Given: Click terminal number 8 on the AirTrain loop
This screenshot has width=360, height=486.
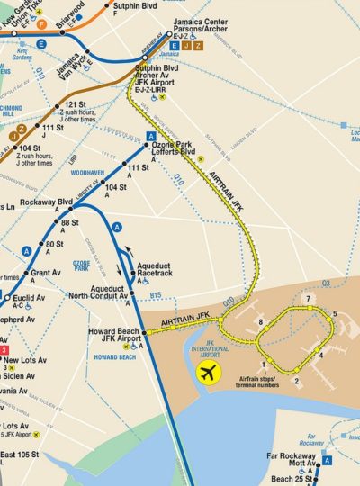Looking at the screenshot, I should click(x=260, y=321).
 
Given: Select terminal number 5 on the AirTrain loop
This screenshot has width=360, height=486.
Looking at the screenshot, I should click(x=335, y=313).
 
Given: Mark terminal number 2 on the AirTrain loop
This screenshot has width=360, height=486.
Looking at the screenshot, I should click(x=296, y=380).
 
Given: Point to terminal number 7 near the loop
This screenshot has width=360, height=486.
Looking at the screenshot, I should click(x=308, y=298).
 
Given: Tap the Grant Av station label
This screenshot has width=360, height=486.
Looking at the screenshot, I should click(x=45, y=272).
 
